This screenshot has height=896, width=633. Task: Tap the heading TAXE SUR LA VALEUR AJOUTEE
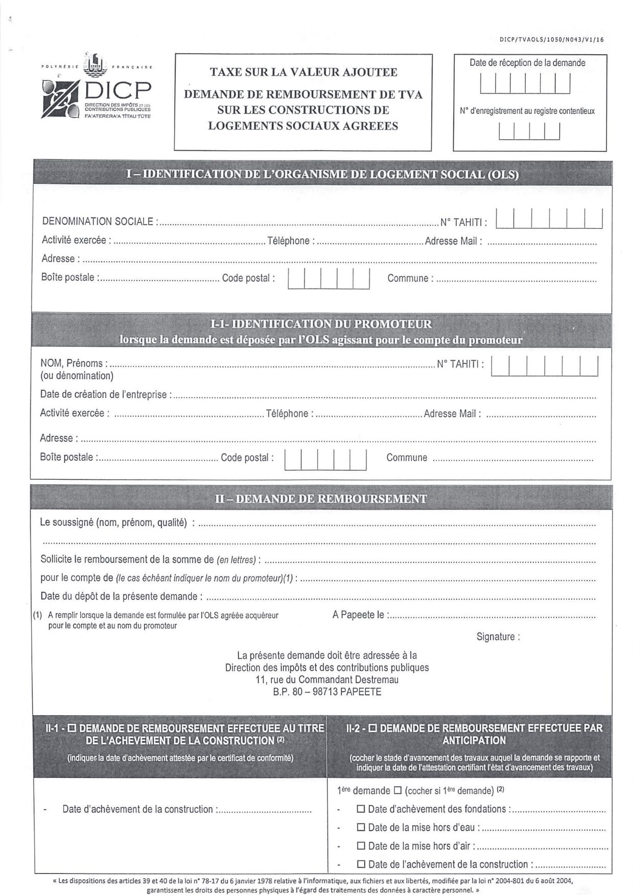pyautogui.click(x=303, y=72)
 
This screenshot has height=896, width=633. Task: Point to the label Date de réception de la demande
pyautogui.click(x=527, y=63)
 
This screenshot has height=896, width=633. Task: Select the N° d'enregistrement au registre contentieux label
pyautogui.click(x=527, y=111)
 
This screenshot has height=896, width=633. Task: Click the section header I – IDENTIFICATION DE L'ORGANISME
pyautogui.click(x=322, y=174)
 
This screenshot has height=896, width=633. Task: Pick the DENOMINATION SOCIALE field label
pyautogui.click(x=98, y=222)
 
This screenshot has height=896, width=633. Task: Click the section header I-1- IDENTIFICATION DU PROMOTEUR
pyautogui.click(x=321, y=324)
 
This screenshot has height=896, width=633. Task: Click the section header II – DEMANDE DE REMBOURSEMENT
pyautogui.click(x=321, y=499)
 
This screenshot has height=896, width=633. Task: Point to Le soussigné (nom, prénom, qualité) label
pyautogui.click(x=113, y=523)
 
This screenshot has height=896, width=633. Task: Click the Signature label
pyautogui.click(x=498, y=636)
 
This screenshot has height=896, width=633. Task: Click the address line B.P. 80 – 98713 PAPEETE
pyautogui.click(x=327, y=692)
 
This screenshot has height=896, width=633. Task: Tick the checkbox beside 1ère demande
pyautogui.click(x=398, y=791)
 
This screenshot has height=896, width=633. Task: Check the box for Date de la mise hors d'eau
pyautogui.click(x=361, y=828)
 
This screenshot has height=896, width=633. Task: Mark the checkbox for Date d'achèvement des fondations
pyautogui.click(x=361, y=809)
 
